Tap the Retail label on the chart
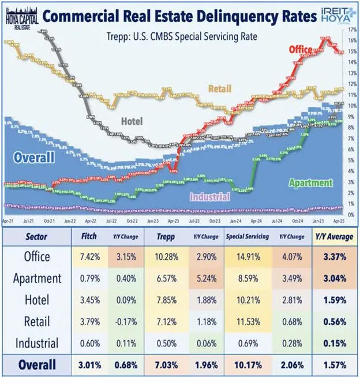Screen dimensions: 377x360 [x=224, y=88]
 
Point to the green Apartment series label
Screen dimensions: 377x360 [x=310, y=183]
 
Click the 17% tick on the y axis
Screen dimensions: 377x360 [x=352, y=32]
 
